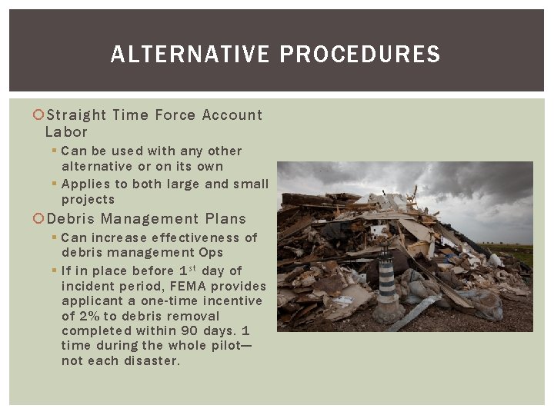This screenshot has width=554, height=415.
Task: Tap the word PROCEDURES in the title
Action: click(x=360, y=55)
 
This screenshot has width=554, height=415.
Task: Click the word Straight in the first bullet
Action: click(x=77, y=115)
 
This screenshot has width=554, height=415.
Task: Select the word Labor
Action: click(x=66, y=131)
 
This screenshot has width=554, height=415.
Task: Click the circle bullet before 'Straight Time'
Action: click(x=40, y=115)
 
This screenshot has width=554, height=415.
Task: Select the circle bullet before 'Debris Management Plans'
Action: click(x=40, y=219)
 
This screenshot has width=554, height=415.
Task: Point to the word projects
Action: click(x=88, y=199)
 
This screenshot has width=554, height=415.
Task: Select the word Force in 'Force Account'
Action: click(x=175, y=115)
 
